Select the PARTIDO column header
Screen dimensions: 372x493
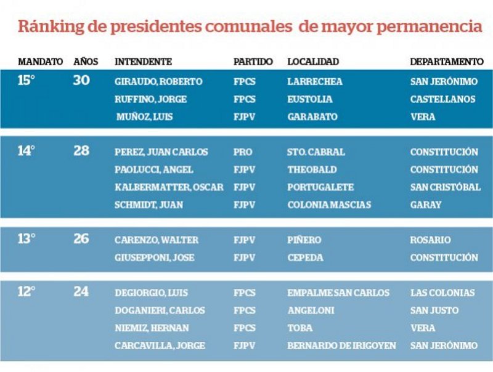point(253,62)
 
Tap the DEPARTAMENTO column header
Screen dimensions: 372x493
point(447,62)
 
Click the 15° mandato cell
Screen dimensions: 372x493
point(26,81)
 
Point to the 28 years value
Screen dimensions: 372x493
point(81,151)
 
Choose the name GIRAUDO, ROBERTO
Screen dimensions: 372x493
point(158,81)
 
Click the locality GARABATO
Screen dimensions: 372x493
point(312,117)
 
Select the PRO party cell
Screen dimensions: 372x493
point(243,152)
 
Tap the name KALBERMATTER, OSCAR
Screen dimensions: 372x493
point(169,187)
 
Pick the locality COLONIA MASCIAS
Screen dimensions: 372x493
point(329,205)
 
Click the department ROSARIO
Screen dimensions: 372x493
point(430,240)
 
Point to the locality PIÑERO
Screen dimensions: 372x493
point(304,240)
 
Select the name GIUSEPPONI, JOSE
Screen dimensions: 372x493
point(154,258)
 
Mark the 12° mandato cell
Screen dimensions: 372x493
point(26,292)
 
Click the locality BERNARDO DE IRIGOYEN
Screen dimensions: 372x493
point(341,346)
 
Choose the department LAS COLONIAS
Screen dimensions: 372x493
point(442,293)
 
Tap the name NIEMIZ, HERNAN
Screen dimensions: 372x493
point(152,328)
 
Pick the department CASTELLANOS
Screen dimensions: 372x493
point(442,99)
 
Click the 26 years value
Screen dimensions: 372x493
point(81,239)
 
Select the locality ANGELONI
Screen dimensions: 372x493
point(311,310)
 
